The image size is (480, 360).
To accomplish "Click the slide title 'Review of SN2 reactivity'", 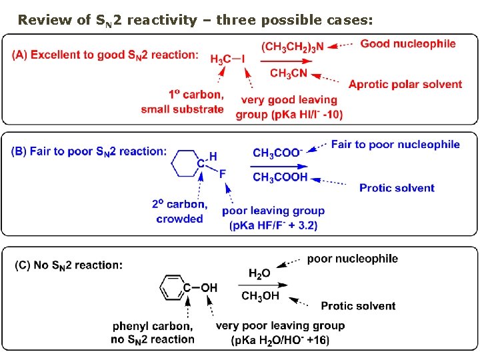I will [193, 20].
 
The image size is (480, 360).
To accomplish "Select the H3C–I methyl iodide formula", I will [227, 59].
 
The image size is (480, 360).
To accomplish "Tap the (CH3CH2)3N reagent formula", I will [293, 46].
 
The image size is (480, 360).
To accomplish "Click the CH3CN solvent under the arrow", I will [288, 73].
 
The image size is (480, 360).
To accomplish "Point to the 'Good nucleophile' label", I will [408, 44].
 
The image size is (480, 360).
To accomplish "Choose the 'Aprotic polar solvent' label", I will [405, 84].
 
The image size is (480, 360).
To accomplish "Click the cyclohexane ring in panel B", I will [185, 162].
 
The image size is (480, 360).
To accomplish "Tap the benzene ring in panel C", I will [172, 288].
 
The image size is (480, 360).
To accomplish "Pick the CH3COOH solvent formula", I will [280, 177].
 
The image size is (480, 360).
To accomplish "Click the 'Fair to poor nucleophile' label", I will [395, 145].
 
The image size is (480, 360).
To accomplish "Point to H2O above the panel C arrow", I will [259, 273].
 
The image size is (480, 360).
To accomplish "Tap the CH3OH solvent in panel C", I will [260, 297].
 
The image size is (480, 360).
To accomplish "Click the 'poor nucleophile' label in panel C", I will [352, 259].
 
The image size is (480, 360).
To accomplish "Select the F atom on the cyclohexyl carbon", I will [223, 174].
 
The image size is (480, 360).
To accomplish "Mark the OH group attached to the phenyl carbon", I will [209, 288].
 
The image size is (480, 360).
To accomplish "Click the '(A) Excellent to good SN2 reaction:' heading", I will [105, 55].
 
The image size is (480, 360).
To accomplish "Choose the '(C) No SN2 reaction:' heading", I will [69, 265].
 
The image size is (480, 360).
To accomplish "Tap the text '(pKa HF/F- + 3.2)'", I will [273, 225].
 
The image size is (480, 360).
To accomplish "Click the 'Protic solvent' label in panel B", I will [397, 188].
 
